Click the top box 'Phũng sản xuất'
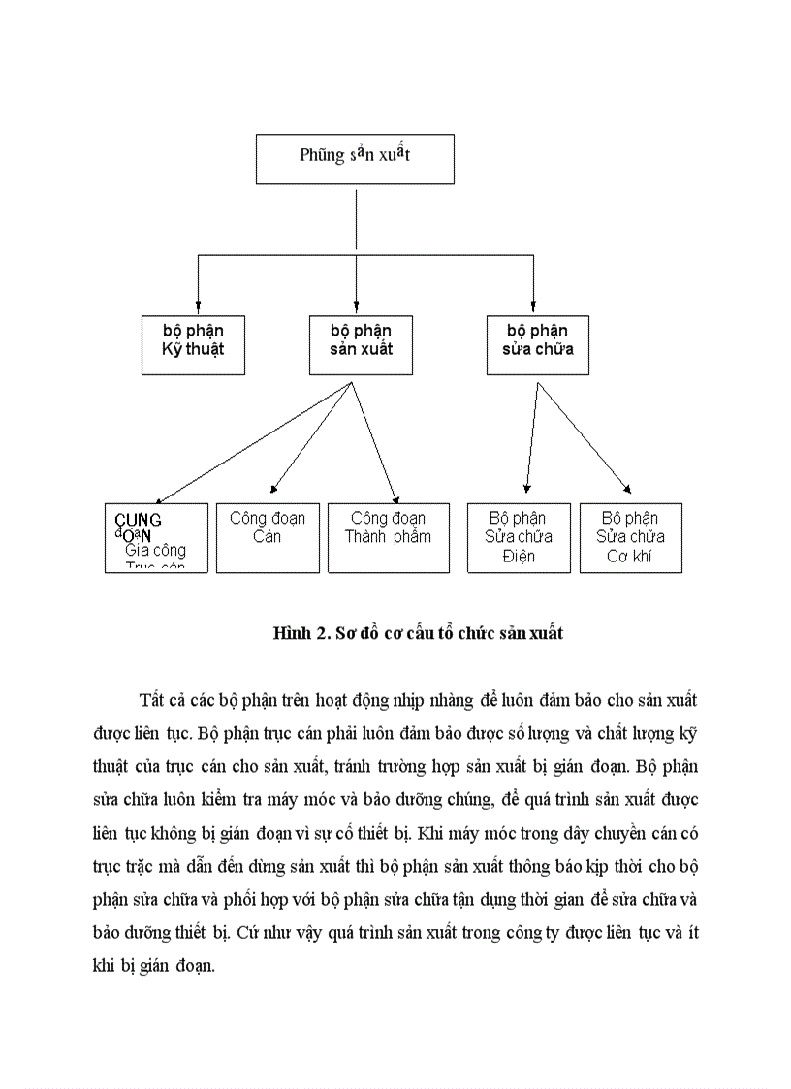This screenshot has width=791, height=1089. pyautogui.click(x=355, y=157)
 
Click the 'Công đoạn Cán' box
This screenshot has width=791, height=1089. pyautogui.click(x=268, y=536)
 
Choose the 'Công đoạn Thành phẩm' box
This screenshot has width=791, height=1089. pyautogui.click(x=388, y=536)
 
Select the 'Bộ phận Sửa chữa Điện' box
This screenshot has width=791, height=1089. pyautogui.click(x=519, y=536)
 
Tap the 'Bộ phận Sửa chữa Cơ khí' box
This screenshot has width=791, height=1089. pyautogui.click(x=630, y=536)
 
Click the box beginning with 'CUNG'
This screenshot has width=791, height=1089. pyautogui.click(x=156, y=536)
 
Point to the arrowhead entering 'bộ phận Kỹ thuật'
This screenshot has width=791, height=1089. pyautogui.click(x=198, y=307)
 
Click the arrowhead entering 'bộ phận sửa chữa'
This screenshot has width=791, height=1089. pyautogui.click(x=534, y=307)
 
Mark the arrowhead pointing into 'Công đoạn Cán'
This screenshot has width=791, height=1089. pyautogui.click(x=274, y=490)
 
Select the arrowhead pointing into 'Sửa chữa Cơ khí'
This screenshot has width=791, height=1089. pyautogui.click(x=627, y=491)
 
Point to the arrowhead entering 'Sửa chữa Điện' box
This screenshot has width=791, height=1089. pyautogui.click(x=526, y=490)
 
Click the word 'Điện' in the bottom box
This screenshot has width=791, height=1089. pyautogui.click(x=519, y=557)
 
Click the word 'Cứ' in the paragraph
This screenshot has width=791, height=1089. pyautogui.click(x=247, y=933)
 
